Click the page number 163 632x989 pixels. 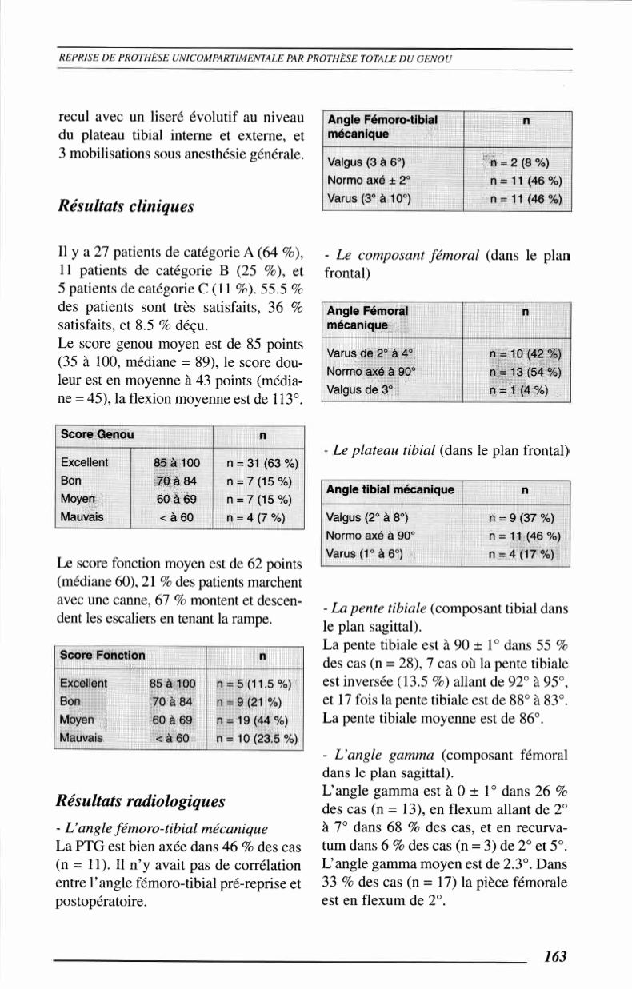[554, 956]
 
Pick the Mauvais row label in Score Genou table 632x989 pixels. [83, 516]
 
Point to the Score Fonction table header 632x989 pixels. [103, 655]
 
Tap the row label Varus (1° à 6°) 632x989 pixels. [365, 553]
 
